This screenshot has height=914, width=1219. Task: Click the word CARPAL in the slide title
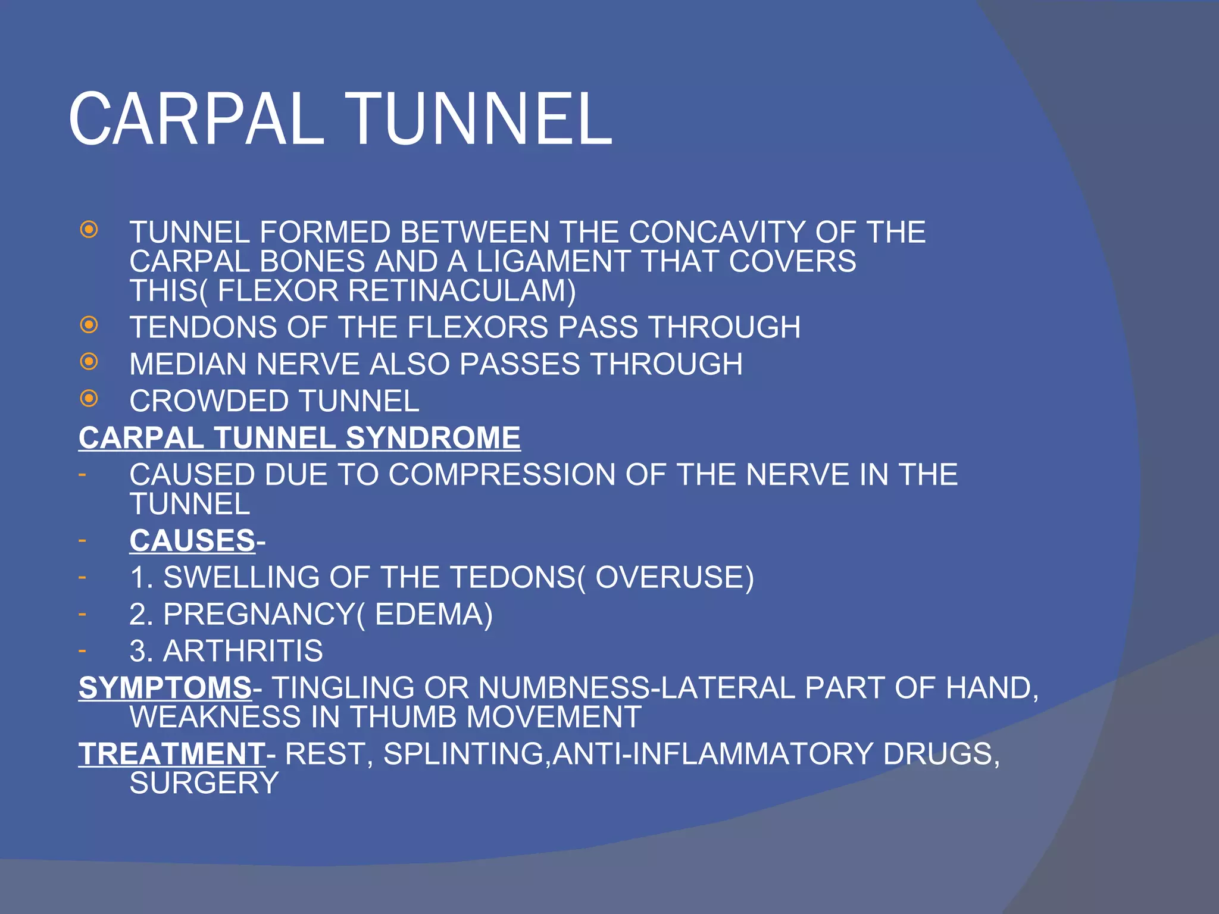click(196, 119)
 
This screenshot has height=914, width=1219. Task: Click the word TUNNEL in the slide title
click(479, 119)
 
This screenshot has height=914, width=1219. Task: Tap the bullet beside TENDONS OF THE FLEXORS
click(89, 325)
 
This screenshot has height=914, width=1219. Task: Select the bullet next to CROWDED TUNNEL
click(89, 399)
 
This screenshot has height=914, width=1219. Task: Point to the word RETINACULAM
click(462, 291)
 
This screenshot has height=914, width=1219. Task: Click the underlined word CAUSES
click(192, 541)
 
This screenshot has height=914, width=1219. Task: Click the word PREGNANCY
click(258, 615)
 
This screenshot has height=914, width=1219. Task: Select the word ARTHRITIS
click(243, 651)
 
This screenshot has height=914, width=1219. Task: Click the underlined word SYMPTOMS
click(165, 688)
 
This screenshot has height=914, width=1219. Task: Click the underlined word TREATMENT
click(172, 754)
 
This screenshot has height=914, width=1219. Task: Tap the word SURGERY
click(204, 783)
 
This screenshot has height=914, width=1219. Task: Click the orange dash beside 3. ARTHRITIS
click(82, 650)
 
